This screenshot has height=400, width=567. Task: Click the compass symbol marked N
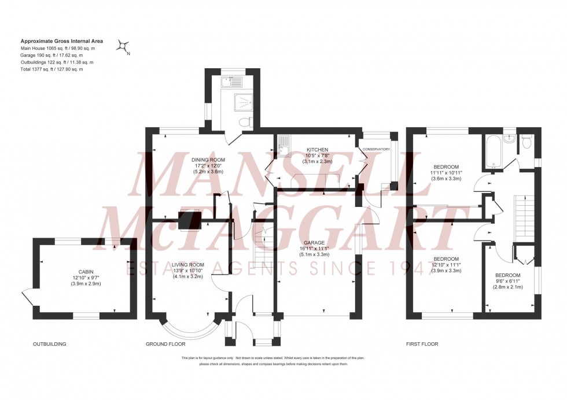tap(123, 46)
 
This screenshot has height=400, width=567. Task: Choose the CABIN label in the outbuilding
tap(86, 272)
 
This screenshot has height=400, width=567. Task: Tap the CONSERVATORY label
tap(377, 149)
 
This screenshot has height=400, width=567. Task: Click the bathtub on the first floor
tap(492, 152)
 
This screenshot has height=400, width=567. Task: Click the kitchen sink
tap(284, 146)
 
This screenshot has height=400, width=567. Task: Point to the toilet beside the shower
tap(246, 121)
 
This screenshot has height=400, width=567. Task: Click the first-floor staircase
tap(524, 218)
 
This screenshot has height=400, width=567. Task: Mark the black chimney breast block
tap(190, 220)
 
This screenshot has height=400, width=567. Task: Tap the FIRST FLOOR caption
tap(422, 344)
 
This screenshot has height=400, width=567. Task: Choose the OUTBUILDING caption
tap(50, 344)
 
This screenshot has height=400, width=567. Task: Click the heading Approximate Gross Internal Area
tap(62, 41)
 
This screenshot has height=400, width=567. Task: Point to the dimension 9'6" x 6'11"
tap(508, 281)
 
